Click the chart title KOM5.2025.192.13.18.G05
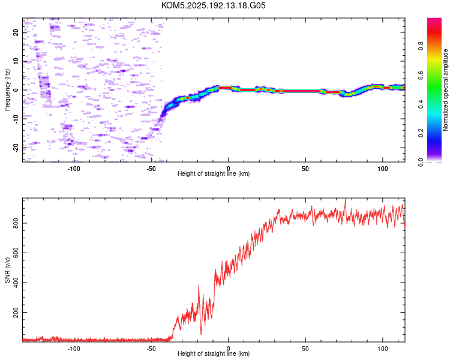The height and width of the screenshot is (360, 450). (x=213, y=5)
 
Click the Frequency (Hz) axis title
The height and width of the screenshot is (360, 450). (x=7, y=90)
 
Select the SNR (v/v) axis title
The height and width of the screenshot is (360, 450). (x=7, y=270)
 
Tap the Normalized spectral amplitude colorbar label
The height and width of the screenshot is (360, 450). (x=445, y=90)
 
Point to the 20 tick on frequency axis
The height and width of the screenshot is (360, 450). (x=16, y=32)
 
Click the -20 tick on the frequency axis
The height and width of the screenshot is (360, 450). (x=16, y=148)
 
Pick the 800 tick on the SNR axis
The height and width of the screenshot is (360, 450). (x=16, y=223)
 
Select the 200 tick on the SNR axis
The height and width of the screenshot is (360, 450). (x=16, y=312)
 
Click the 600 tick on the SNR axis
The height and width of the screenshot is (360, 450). (x=16, y=253)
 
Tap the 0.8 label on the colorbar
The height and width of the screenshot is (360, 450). (x=421, y=46)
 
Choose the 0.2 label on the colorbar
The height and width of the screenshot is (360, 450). (x=421, y=133)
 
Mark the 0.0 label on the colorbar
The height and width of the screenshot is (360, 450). (x=421, y=162)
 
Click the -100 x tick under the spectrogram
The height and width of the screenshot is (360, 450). (x=74, y=169)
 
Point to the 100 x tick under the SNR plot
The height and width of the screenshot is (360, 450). (x=383, y=349)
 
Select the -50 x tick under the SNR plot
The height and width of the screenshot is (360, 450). (x=151, y=349)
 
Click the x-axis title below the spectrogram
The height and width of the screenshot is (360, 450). (x=214, y=173)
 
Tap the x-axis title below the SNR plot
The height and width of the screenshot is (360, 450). (x=214, y=353)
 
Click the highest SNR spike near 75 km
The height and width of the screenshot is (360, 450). (x=345, y=199)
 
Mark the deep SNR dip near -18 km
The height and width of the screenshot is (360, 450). (x=201, y=334)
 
